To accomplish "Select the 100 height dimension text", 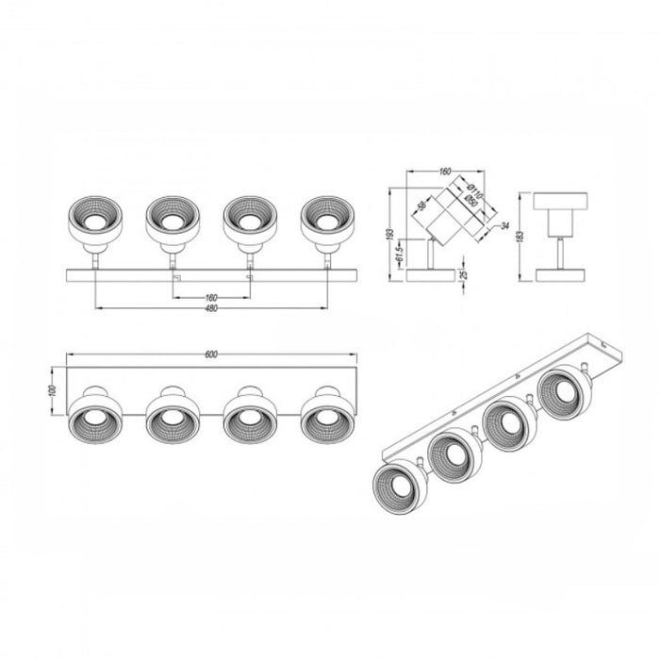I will (53, 390).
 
